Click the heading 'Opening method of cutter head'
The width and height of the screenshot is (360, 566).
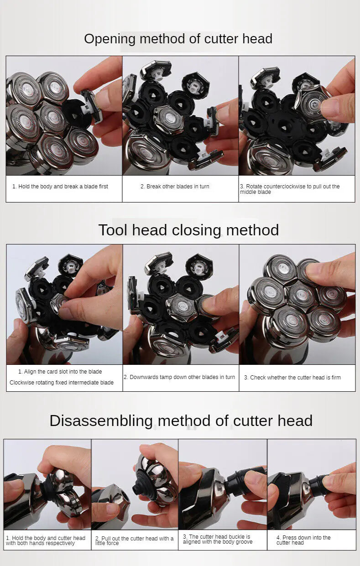point(178,39)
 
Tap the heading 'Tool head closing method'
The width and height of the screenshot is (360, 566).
point(188,230)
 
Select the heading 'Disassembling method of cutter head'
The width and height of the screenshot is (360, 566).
point(181,421)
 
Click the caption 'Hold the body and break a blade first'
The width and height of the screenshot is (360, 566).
point(60,187)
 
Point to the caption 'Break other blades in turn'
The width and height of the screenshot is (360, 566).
point(175,187)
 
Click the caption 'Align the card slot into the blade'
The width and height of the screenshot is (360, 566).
point(60,372)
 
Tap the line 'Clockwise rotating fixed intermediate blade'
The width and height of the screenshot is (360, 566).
point(62,383)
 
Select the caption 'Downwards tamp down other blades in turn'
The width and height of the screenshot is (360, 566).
point(179,377)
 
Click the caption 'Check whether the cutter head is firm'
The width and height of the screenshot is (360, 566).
point(292,378)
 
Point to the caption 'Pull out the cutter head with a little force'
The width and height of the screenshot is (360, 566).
point(135,540)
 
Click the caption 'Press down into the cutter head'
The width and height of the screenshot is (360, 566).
point(303,540)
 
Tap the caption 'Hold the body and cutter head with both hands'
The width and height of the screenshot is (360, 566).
point(46,540)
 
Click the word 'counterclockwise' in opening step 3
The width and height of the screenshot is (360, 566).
point(294,187)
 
